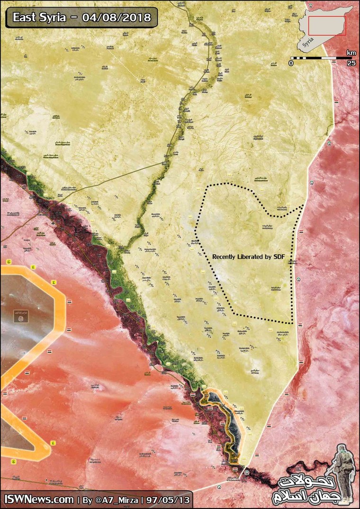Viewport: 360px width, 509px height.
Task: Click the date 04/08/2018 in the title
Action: click(x=116, y=18)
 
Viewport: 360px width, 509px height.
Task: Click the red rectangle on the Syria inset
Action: click(x=327, y=25)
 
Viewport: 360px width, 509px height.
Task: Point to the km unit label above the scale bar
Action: click(x=351, y=52)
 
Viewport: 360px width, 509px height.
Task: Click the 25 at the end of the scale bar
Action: click(x=351, y=63)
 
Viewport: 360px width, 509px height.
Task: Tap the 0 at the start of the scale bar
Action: click(x=292, y=63)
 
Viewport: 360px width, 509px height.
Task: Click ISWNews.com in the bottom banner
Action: click(x=39, y=500)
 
